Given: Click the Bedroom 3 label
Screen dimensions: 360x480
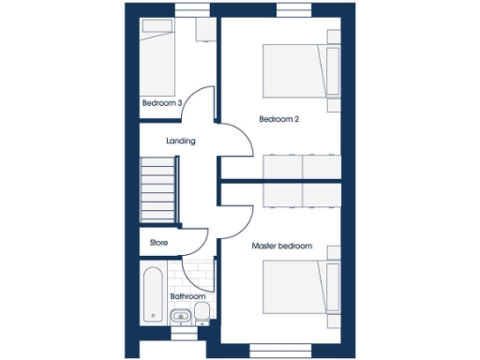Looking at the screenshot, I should tap(161, 103).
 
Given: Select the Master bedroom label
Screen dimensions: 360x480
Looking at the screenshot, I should tap(281, 246).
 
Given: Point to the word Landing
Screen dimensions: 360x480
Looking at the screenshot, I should tap(180, 142).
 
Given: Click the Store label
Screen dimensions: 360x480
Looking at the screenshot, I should tap(158, 242).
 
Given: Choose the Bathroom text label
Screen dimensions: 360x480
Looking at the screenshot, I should tap(187, 296).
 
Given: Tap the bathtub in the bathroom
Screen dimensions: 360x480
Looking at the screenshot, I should tap(152, 292).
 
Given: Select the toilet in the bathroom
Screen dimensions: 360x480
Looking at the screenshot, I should tap(202, 313).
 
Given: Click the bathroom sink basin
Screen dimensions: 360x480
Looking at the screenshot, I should tap(181, 316).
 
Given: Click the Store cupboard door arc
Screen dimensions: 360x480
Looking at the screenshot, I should tap(195, 244).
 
